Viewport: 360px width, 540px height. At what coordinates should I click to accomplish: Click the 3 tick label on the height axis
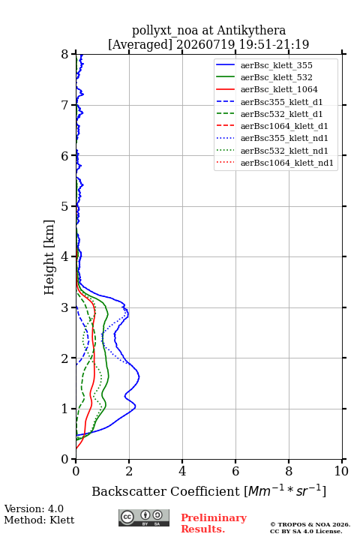point(65,307)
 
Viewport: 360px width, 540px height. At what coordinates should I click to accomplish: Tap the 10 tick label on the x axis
point(341,471)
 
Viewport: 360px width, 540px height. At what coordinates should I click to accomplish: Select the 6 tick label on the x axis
point(235,471)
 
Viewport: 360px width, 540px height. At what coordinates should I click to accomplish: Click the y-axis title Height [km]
point(49,257)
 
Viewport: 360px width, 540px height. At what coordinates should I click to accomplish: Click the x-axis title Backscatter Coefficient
point(166,491)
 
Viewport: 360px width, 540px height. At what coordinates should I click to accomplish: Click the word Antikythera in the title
point(251,30)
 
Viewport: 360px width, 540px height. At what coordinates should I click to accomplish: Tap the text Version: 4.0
point(34,508)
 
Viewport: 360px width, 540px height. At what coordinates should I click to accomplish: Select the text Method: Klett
point(39,520)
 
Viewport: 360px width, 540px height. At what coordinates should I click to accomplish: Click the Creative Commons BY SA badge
point(144,518)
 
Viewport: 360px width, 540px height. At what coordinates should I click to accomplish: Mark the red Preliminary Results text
point(214,523)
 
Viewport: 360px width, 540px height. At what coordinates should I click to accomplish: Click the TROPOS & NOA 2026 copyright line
point(310,524)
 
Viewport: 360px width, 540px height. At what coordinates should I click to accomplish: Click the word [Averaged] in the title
point(139,44)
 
